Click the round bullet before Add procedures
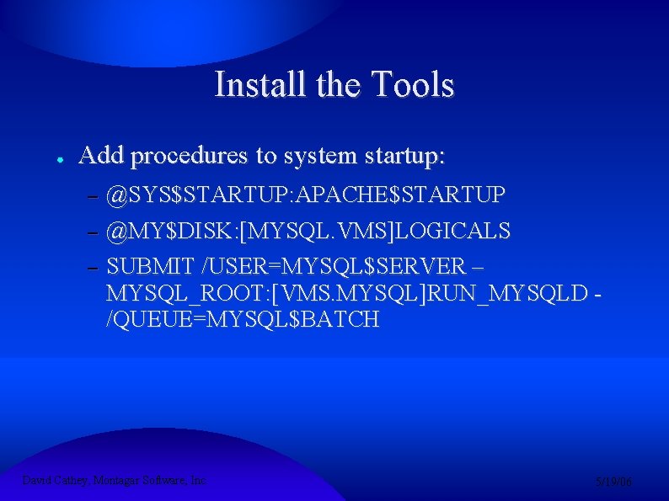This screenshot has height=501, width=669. point(51,158)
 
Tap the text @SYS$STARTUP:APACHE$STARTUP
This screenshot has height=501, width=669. point(306,195)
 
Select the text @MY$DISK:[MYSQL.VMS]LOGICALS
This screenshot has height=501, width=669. point(308,231)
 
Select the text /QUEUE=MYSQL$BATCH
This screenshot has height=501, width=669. point(243,321)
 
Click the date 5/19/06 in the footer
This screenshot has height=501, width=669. point(614,482)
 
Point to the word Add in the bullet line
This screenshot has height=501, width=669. point(101,156)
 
